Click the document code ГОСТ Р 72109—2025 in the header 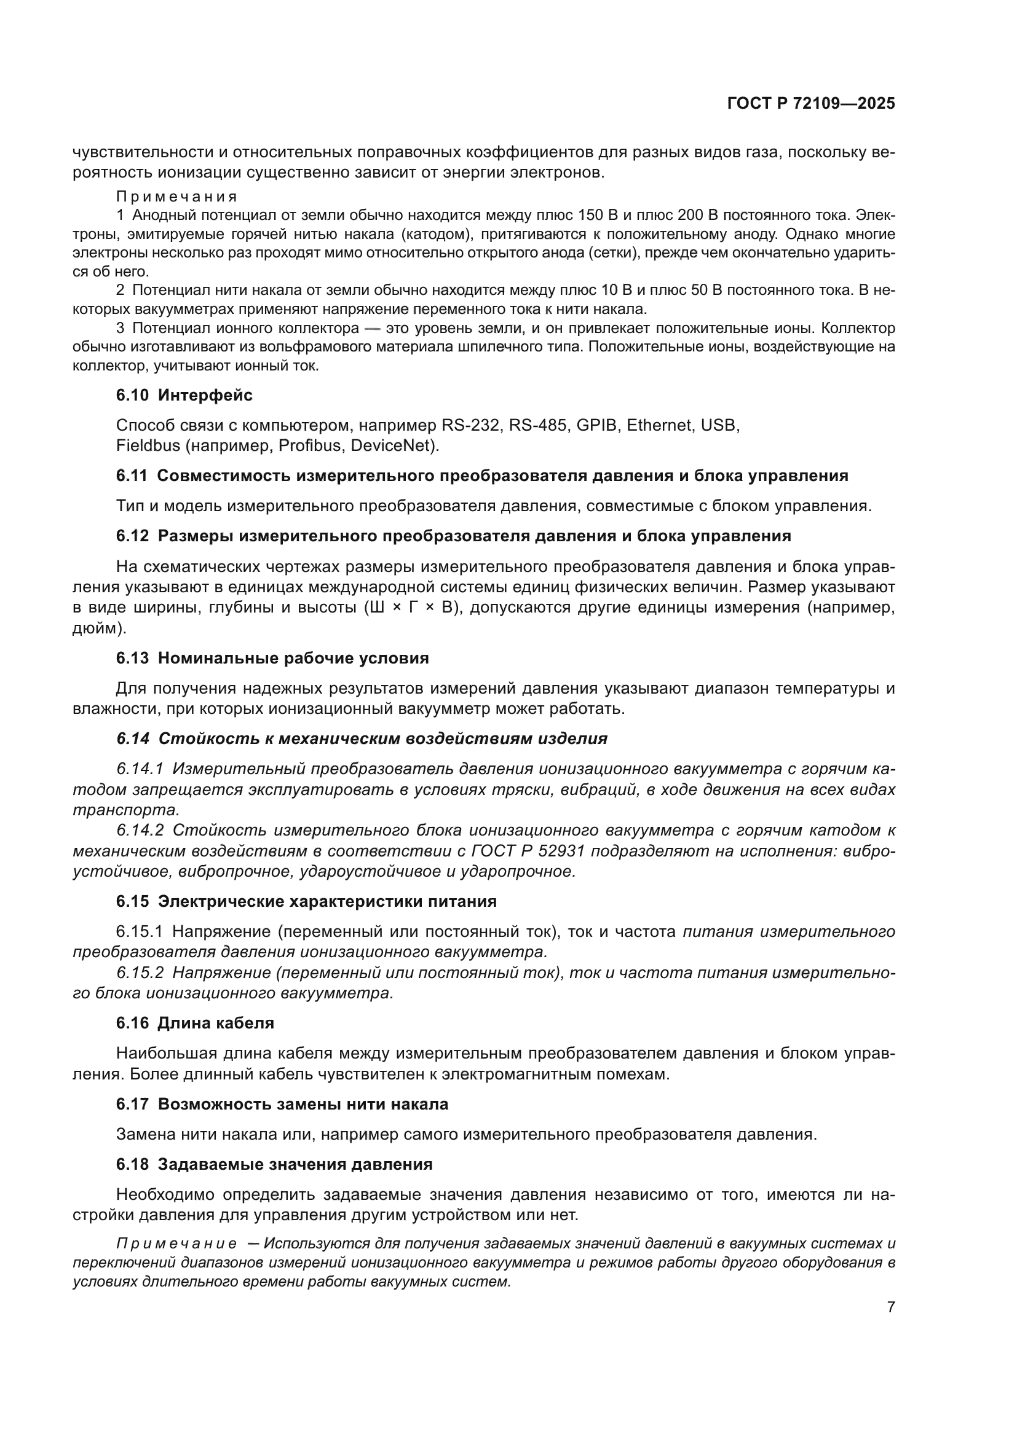pos(811,104)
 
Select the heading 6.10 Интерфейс pos(184,395)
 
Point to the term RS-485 pos(537,426)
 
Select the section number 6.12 pos(132,536)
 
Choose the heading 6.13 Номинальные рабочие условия pos(272,658)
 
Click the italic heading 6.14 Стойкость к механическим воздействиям pos(362,738)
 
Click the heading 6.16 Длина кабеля pos(195,1024)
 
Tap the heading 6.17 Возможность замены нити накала pos(282,1104)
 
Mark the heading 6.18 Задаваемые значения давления pos(274,1165)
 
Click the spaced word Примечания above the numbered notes pos(176,197)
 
